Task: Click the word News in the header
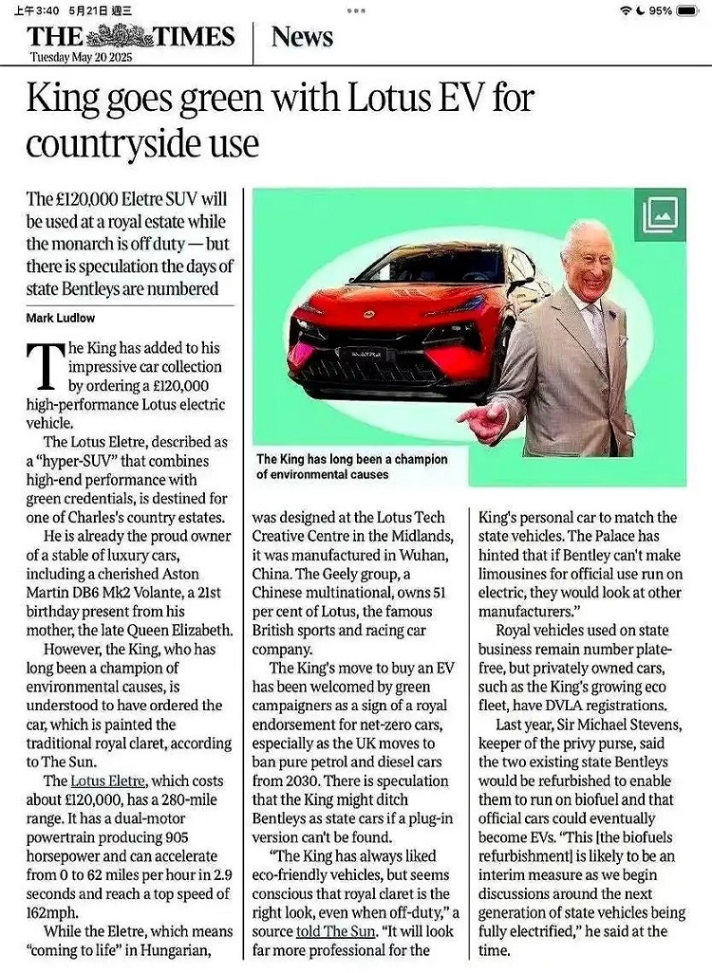pyautogui.click(x=302, y=37)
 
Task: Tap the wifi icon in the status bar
pyautogui.click(x=625, y=9)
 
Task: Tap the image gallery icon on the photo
pyautogui.click(x=660, y=215)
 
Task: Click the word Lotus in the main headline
pyautogui.click(x=356, y=100)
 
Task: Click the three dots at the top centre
pyautogui.click(x=356, y=9)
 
